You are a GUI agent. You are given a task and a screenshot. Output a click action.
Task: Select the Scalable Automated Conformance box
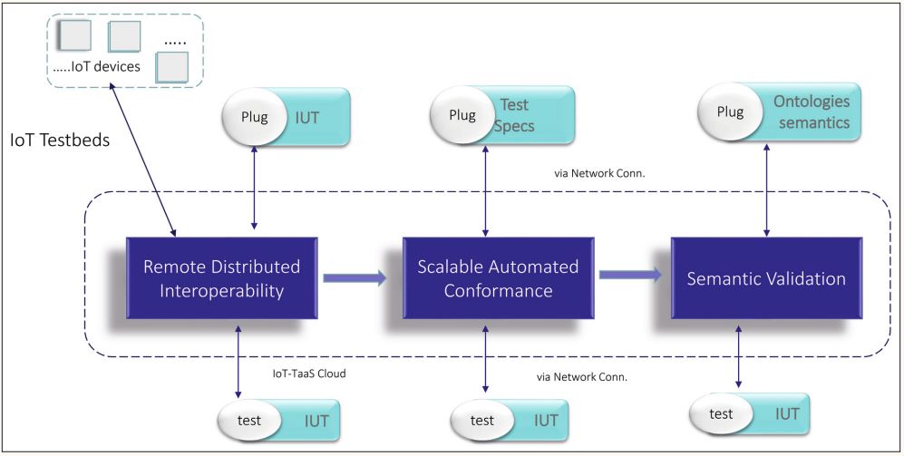click(x=498, y=278)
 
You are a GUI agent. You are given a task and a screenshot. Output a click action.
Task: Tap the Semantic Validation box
click(x=764, y=278)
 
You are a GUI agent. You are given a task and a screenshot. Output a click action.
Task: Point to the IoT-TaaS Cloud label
click(x=310, y=373)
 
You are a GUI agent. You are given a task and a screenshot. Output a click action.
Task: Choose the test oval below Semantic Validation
click(x=722, y=413)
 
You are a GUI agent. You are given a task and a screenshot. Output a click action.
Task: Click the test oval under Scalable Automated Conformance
click(x=481, y=420)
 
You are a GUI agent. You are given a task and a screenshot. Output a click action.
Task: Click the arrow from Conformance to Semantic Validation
click(x=629, y=277)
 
